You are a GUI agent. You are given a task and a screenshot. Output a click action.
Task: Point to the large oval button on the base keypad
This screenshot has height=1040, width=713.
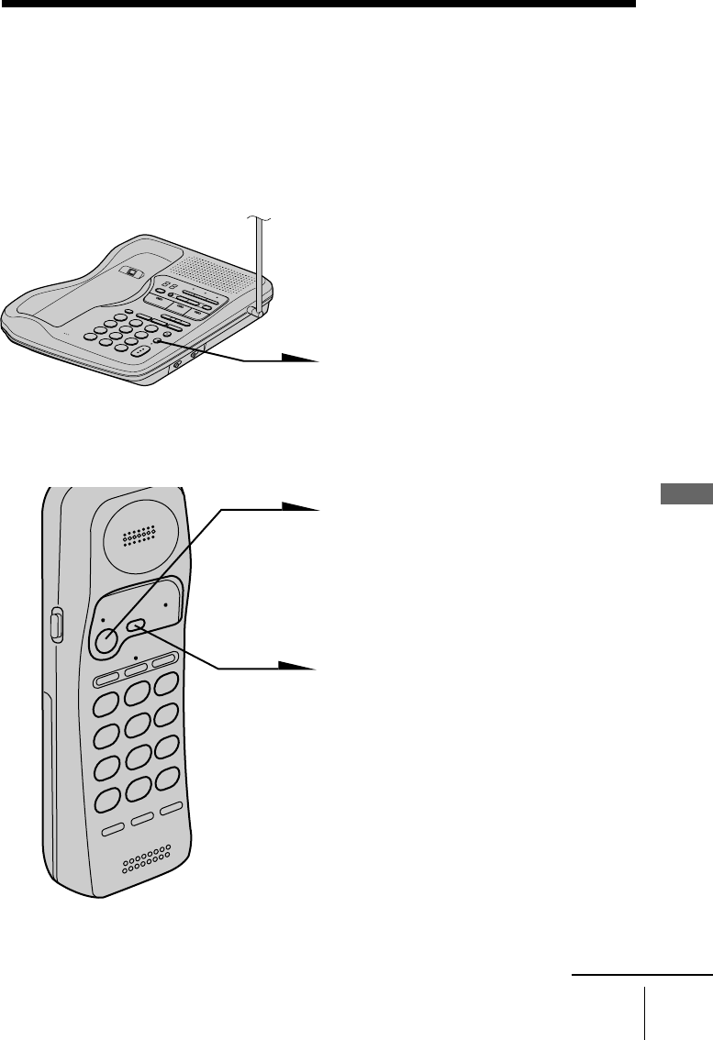138,351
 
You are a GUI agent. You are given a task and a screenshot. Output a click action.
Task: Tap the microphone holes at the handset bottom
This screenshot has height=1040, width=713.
146,861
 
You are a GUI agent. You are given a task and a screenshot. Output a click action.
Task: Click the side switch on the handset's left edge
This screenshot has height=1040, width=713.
54,625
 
